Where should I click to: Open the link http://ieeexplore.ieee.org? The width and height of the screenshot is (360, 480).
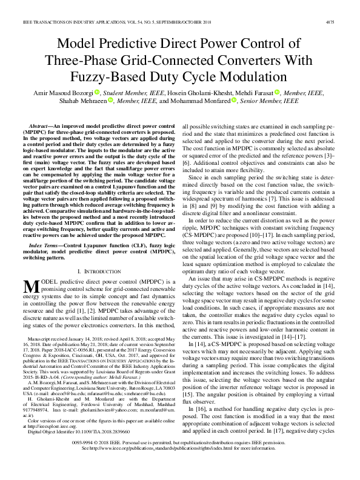(x=50, y=425)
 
